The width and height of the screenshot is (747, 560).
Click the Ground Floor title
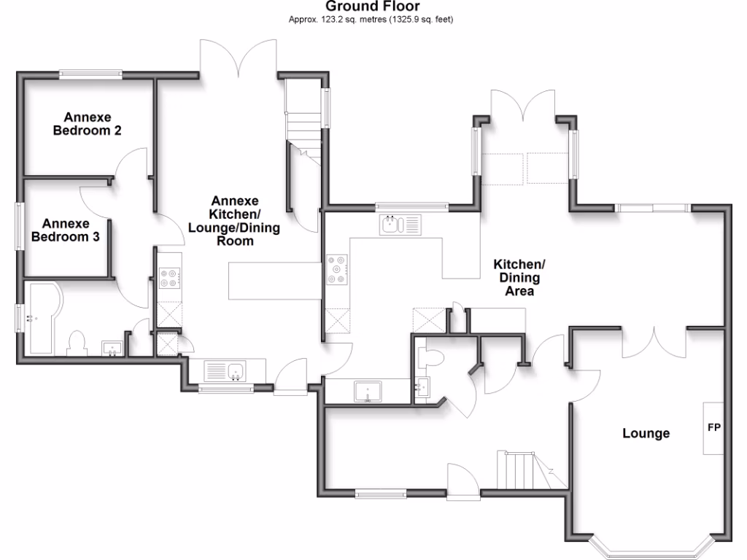(372, 7)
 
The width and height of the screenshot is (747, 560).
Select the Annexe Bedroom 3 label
(66, 230)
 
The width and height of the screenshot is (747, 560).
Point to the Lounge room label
(646, 434)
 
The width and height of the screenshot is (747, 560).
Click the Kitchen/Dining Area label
(519, 278)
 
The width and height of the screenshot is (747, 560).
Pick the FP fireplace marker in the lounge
(713, 428)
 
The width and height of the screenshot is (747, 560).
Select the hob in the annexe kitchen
(169, 276)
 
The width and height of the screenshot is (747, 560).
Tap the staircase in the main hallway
(522, 470)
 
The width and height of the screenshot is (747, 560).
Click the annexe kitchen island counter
(275, 281)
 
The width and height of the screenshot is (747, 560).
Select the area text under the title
(372, 20)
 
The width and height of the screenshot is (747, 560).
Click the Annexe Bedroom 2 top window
(91, 73)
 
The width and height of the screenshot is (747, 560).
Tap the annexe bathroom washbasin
(112, 348)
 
